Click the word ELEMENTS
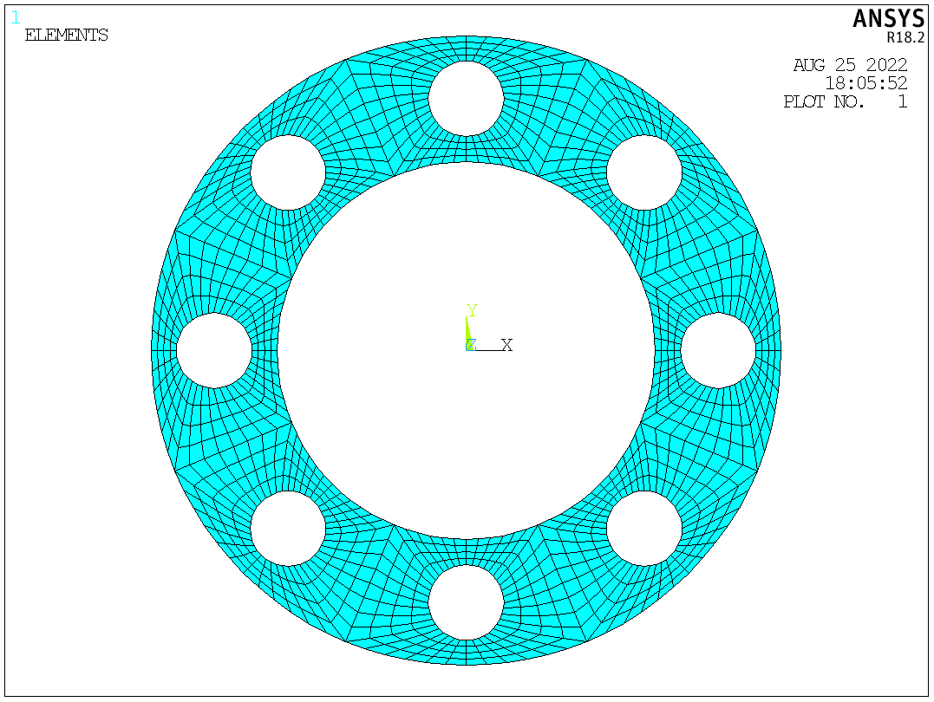point(66,36)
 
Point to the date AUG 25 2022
point(850,65)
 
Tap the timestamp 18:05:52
point(865,83)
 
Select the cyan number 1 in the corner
point(16,16)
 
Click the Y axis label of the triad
point(473,311)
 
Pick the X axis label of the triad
point(507,345)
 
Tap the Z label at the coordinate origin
point(471,345)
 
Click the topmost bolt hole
point(466,99)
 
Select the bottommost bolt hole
point(466,602)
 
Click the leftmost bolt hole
point(214,350)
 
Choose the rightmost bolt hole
point(718,350)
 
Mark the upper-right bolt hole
point(643,172)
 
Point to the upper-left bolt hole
point(288,172)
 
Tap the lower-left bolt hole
point(288,529)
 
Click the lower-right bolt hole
point(643,529)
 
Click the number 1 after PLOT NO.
point(902,101)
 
